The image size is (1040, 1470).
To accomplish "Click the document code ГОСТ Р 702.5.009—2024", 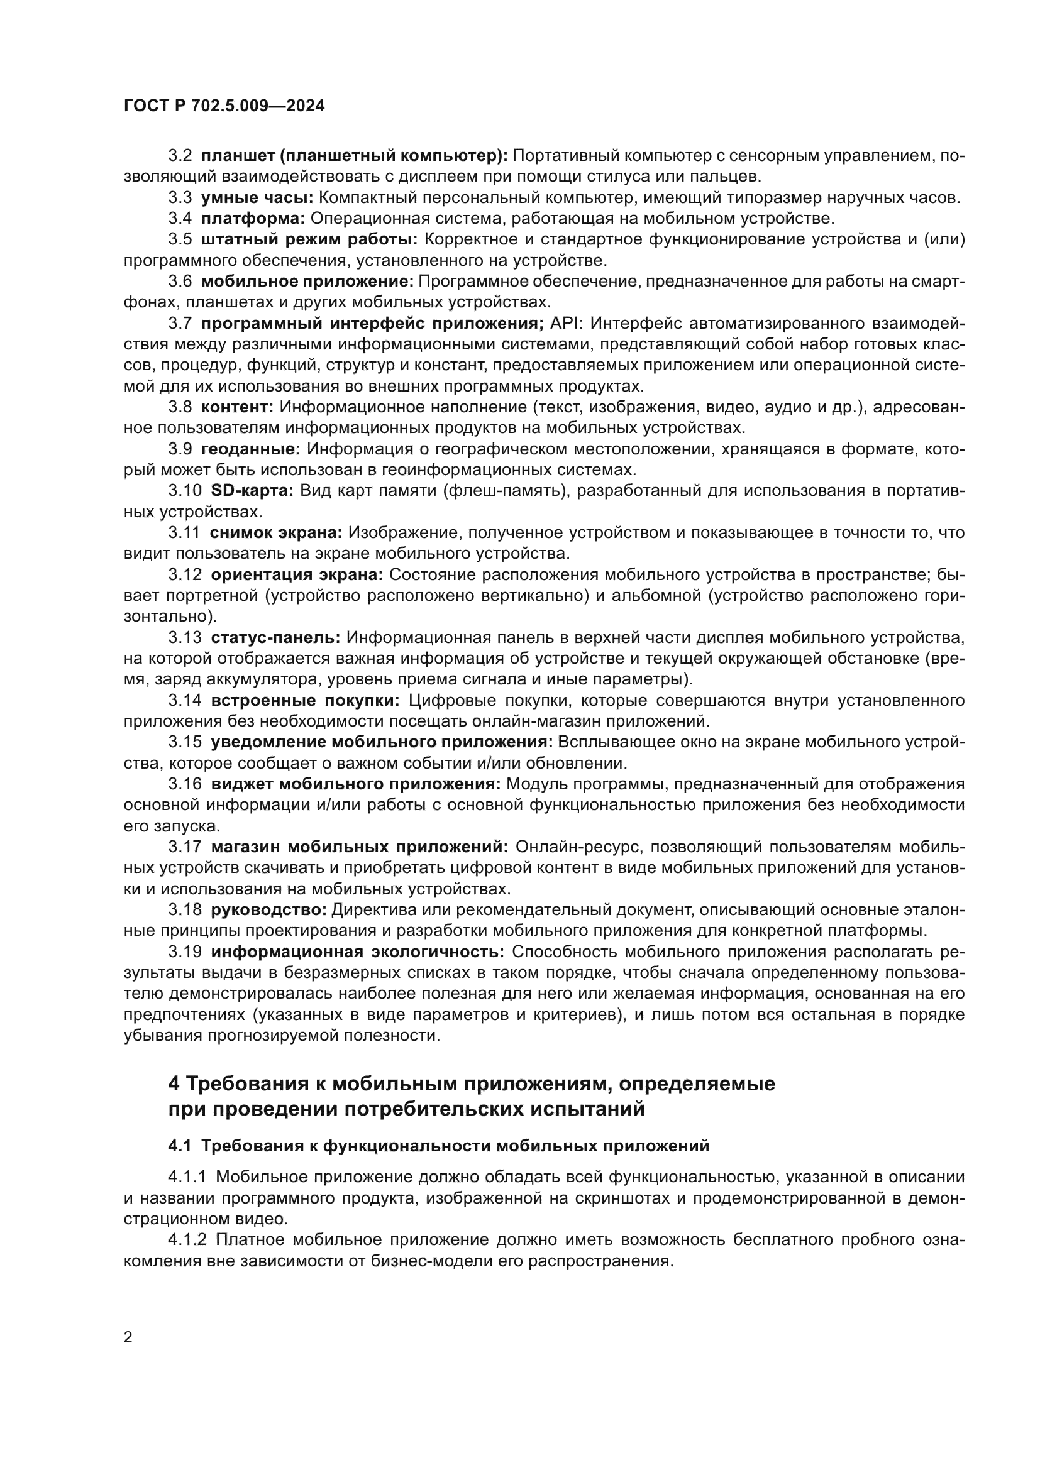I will pos(224,106).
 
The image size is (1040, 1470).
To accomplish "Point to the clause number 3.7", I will pos(180,323).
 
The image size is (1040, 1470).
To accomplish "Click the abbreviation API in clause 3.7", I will pos(563,323).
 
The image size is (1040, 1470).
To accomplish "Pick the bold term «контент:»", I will pos(238,407).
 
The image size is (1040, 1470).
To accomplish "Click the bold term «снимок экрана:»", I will pos(277,533).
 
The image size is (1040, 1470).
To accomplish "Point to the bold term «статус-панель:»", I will pos(275,638).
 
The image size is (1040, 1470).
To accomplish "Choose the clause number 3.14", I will pos(185,700).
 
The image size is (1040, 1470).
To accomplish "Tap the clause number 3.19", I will pos(185,952).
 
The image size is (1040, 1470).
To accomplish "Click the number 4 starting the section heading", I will pos(174,1084).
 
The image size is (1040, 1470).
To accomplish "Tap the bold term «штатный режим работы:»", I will pos(309,239).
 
